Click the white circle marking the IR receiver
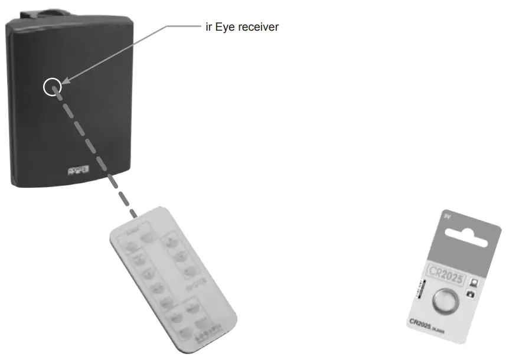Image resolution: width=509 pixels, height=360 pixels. (52, 87)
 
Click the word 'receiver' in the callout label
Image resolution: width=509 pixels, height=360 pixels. (260, 27)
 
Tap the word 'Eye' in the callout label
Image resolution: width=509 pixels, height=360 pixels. (226, 27)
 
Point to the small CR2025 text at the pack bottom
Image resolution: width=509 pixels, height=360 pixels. (425, 324)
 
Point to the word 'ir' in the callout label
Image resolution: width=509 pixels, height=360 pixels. (208, 27)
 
